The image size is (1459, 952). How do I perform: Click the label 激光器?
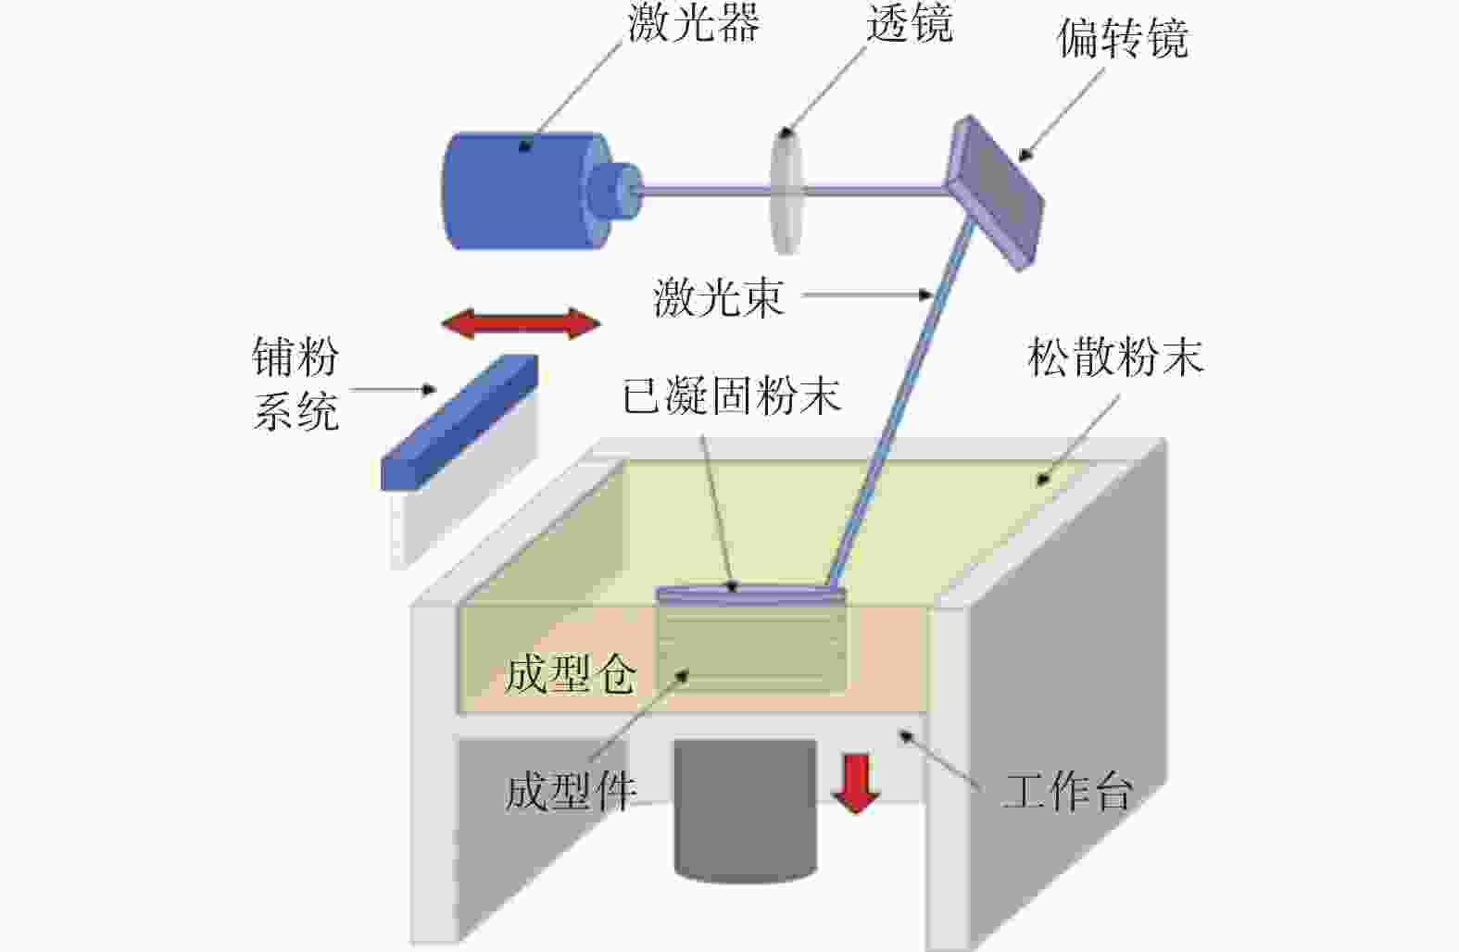point(695,23)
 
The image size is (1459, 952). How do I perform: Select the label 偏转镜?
point(1123,38)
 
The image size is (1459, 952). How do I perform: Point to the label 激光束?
point(719,297)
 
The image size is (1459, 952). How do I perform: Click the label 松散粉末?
point(1115,357)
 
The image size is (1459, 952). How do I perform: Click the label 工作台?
point(1067,790)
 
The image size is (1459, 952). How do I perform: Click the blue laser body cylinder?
point(521,190)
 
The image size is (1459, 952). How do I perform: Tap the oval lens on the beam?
point(786,190)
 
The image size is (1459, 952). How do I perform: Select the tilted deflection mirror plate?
point(995,193)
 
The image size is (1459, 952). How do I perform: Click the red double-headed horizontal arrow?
point(521,323)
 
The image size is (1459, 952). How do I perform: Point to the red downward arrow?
point(856,783)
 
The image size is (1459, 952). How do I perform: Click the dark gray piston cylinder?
point(745,811)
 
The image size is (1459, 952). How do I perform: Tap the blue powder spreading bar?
point(459,422)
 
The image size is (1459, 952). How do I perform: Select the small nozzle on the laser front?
point(615,190)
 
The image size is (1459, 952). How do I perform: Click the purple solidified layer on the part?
point(751,595)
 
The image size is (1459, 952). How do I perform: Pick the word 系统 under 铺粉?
point(296,411)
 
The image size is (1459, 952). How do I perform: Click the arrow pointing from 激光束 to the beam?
point(868,295)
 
